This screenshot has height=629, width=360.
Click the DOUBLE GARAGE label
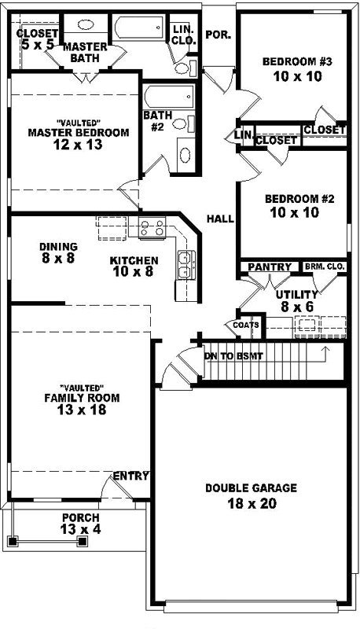coord(251,488)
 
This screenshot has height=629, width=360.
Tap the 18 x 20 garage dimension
coord(252,504)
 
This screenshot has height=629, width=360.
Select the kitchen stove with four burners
coord(151,228)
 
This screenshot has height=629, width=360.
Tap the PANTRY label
coord(269,267)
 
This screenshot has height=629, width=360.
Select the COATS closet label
coord(241,324)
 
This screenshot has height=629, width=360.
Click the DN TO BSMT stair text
coord(233,356)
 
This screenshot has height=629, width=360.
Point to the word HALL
coord(220,219)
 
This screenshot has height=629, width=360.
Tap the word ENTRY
coord(130,476)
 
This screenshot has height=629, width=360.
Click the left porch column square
coord(13,541)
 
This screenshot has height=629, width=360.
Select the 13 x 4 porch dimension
coord(80,529)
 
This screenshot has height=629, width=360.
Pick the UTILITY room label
coord(296,294)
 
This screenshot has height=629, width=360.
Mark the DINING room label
coord(58,246)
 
